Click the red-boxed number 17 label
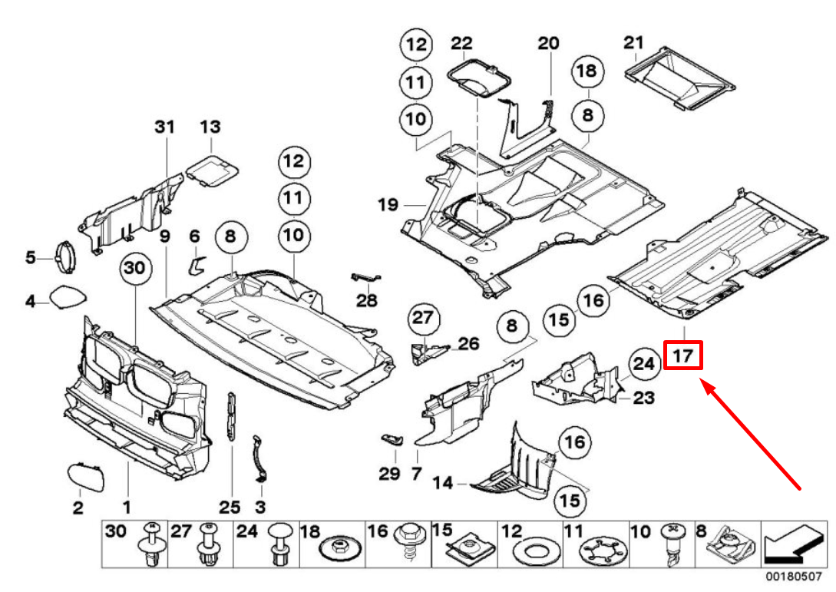(683, 356)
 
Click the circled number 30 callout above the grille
(134, 268)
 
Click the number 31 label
(164, 127)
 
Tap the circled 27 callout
(421, 318)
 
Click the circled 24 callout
(645, 364)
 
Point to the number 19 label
(388, 204)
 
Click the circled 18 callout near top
(587, 71)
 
